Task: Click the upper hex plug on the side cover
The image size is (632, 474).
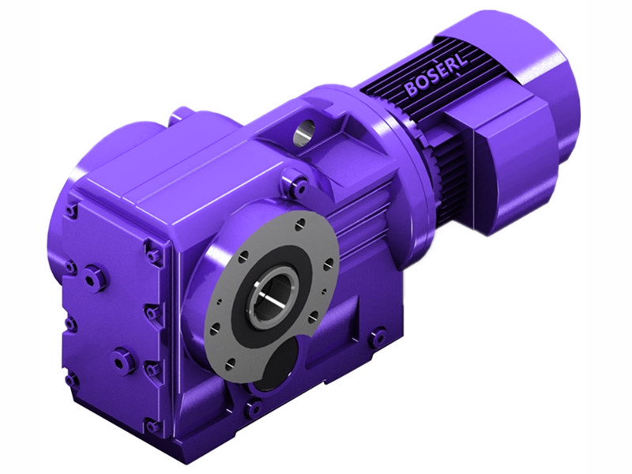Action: pos(96,278)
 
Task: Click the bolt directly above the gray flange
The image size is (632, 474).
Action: pos(299,186)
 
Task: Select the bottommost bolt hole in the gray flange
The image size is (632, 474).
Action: pos(234,365)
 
